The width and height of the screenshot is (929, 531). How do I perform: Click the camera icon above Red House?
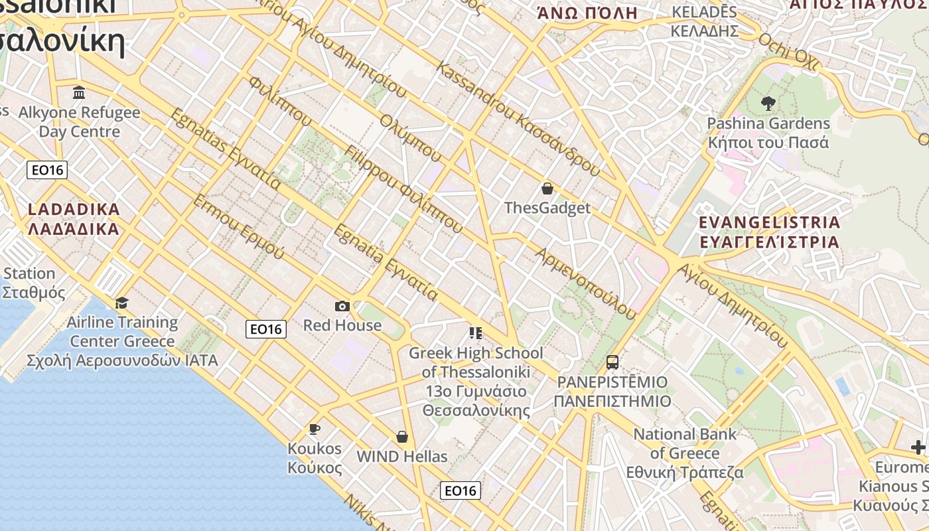click(x=342, y=306)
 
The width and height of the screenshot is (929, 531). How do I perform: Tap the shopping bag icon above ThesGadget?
click(x=547, y=189)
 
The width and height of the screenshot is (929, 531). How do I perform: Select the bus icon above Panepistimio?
click(x=612, y=362)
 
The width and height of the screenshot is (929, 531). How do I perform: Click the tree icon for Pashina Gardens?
click(x=768, y=104)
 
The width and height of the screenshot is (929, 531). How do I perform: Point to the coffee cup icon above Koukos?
click(x=315, y=429)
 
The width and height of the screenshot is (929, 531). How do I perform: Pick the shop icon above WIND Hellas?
click(x=401, y=437)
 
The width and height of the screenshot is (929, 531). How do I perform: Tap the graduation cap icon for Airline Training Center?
click(x=122, y=303)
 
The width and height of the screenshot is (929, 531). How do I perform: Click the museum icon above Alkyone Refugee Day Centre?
click(x=80, y=92)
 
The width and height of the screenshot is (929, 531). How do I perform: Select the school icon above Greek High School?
click(x=475, y=333)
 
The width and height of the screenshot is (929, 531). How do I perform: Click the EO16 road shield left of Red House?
click(x=266, y=329)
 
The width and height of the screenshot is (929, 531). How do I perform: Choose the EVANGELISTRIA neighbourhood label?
click(x=770, y=232)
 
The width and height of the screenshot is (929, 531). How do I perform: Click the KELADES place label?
click(x=704, y=21)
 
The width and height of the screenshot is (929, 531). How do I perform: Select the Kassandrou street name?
click(x=518, y=119)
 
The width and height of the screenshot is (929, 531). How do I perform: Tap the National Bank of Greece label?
click(x=685, y=453)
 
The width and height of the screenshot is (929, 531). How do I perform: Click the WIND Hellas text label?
click(x=402, y=457)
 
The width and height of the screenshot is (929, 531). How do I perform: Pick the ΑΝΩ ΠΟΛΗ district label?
click(x=587, y=13)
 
